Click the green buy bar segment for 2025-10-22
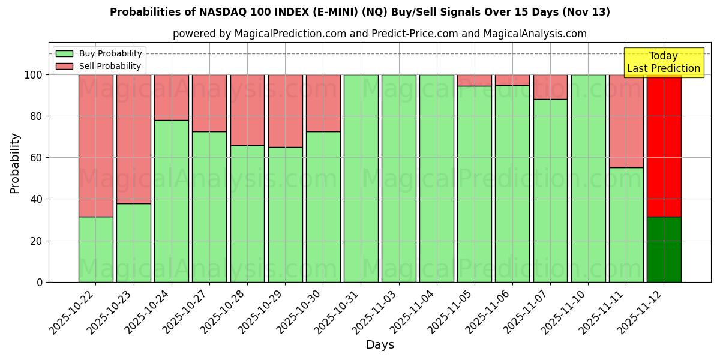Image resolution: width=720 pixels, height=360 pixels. coord(95,249)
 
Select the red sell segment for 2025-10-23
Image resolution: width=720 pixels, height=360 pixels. coord(133,139)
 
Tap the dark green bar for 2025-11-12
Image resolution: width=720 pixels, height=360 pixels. coord(664,249)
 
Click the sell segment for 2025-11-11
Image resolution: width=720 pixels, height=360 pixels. coord(626,121)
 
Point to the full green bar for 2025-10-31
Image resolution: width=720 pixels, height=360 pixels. coord(361,178)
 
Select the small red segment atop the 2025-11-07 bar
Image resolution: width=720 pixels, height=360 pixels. coord(550,86)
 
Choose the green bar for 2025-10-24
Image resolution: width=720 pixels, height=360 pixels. coord(171,201)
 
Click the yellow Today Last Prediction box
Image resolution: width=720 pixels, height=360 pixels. coord(663,62)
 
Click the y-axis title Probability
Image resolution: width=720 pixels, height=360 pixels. coord(15,163)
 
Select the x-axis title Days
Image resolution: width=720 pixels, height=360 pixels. coord(380,345)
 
